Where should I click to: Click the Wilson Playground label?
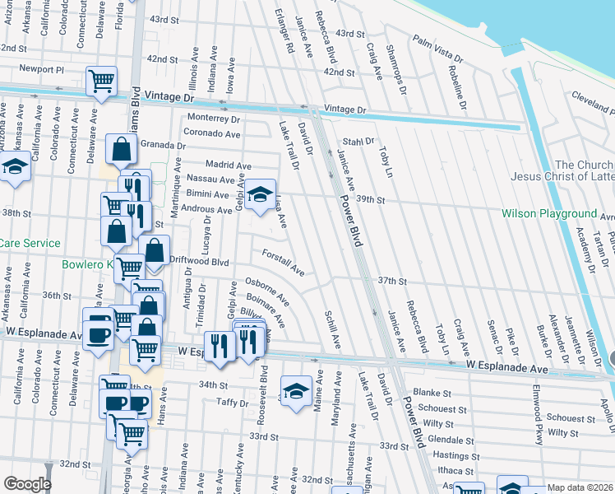(x=549, y=213)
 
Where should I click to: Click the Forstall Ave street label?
(x=284, y=263)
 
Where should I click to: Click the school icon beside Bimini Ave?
(x=260, y=194)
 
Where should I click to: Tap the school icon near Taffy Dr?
(x=296, y=390)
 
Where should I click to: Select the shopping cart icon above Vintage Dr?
(x=101, y=81)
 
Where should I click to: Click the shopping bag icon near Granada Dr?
(x=122, y=150)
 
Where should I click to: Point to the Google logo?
(x=27, y=484)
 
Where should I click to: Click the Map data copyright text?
(x=580, y=487)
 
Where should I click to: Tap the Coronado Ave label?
(x=210, y=132)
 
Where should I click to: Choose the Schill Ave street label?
(x=332, y=329)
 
